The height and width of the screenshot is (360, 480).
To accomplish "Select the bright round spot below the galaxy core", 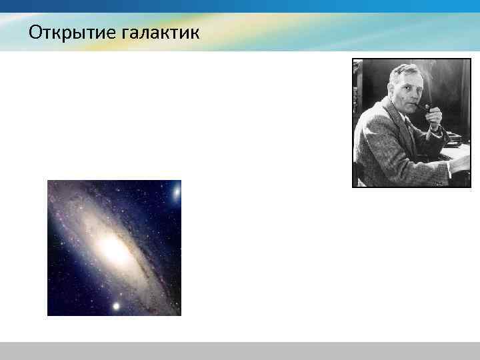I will (x=116, y=306).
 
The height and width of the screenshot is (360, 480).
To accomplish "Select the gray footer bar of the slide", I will (x=240, y=351).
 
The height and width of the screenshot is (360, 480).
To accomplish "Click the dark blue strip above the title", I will (x=240, y=6).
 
